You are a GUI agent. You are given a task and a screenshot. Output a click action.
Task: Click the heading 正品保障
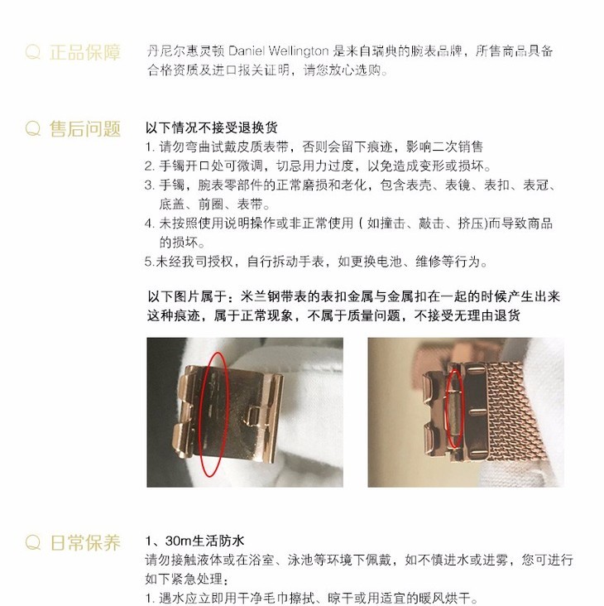pyautogui.click(x=85, y=52)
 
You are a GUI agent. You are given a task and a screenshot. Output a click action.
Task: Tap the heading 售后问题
pyautogui.click(x=85, y=128)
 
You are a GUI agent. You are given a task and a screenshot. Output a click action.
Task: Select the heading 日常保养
pyautogui.click(x=85, y=542)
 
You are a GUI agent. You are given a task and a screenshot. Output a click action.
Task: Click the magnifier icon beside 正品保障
pyautogui.click(x=33, y=52)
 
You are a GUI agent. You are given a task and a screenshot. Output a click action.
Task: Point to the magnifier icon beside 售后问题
pyautogui.click(x=33, y=128)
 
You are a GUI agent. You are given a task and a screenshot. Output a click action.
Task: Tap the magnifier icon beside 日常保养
pyautogui.click(x=33, y=542)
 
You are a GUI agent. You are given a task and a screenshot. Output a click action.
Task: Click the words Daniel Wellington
pyautogui.click(x=279, y=50)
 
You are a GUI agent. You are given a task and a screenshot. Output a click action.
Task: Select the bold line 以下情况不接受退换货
pyautogui.click(x=212, y=127)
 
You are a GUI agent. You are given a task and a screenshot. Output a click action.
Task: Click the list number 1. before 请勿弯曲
pyautogui.click(x=151, y=147)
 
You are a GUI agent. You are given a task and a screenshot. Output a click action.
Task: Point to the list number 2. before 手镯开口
pyautogui.click(x=150, y=166)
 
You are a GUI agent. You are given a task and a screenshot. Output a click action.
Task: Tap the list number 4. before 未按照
pyautogui.click(x=150, y=224)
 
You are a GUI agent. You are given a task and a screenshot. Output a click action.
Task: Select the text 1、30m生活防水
pyautogui.click(x=195, y=541)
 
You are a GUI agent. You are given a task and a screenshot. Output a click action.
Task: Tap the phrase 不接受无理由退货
pyautogui.click(x=467, y=315)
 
